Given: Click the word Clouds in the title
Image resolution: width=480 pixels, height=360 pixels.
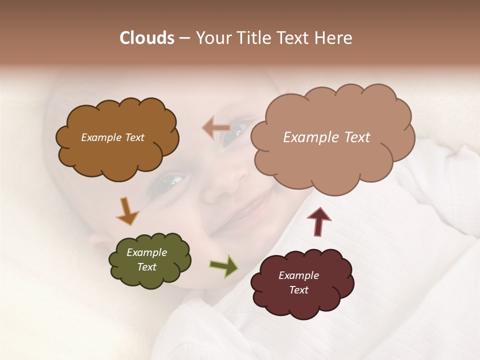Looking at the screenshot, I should point(147,38).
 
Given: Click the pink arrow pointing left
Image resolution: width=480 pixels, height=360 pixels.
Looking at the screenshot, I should point(216,128).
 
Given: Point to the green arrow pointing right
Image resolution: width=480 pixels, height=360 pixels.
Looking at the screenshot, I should point(223,265).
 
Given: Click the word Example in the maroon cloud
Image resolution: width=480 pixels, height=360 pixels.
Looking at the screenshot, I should point(298,275).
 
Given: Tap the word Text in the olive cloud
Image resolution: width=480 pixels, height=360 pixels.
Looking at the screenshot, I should point(147,267).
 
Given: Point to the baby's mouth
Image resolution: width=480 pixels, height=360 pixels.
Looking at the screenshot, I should point(250,210).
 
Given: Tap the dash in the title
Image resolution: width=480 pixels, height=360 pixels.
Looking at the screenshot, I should point(184,38).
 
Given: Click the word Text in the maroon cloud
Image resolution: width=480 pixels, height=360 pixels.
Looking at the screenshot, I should point(298,290).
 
